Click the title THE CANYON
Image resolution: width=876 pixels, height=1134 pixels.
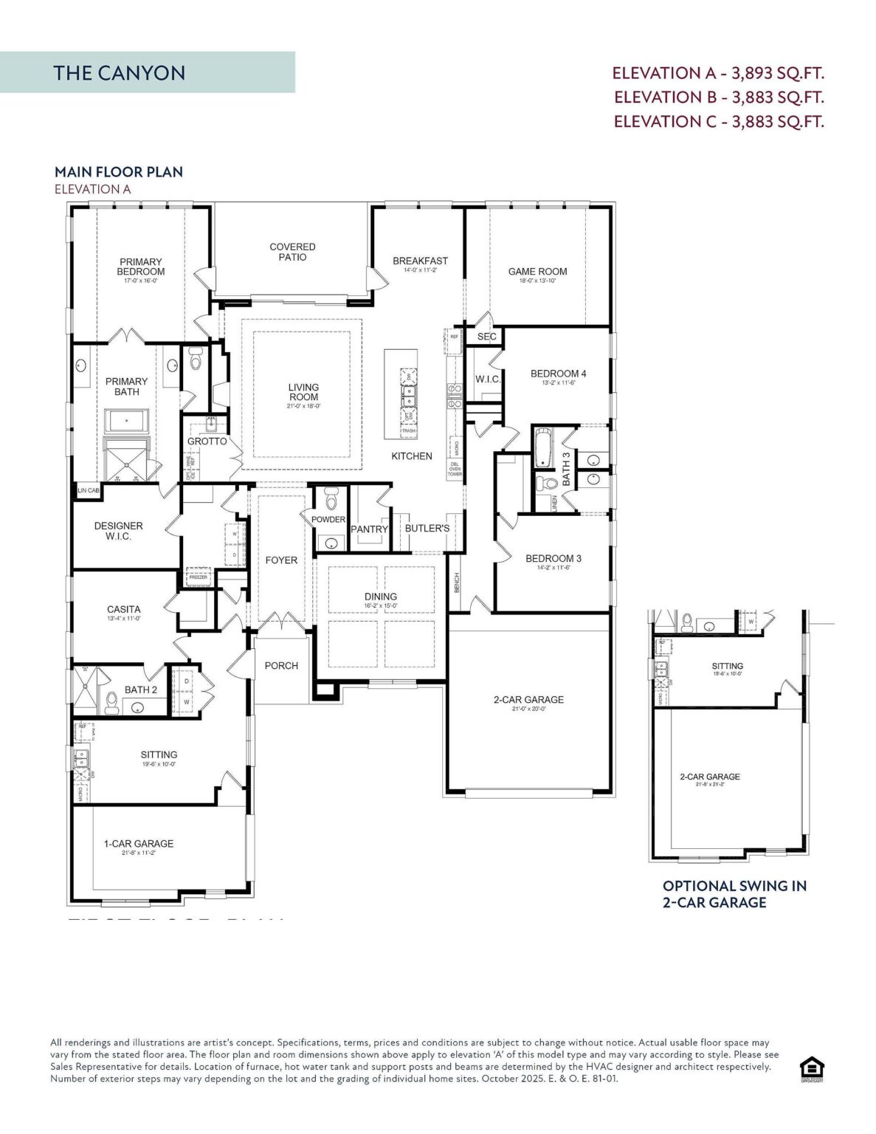[119, 73]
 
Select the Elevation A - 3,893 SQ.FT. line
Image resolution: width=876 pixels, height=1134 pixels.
[717, 73]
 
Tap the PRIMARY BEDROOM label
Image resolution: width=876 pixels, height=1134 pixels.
[140, 267]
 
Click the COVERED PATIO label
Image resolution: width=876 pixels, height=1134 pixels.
[292, 252]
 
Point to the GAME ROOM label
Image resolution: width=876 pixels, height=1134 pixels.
[537, 272]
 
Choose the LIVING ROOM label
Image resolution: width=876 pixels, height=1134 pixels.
[303, 392]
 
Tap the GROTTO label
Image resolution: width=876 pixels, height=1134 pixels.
[207, 441]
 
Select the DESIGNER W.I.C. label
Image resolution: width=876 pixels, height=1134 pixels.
[118, 531]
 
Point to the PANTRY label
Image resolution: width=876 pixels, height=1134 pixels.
[369, 529]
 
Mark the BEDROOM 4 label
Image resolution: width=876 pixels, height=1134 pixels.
[558, 374]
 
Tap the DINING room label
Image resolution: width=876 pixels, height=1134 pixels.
[380, 597]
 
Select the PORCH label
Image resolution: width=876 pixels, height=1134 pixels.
[281, 665]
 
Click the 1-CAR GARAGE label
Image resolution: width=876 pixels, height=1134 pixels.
[139, 843]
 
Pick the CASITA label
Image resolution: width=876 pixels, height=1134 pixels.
[123, 610]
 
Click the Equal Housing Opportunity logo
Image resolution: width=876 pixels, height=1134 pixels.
[812, 1068]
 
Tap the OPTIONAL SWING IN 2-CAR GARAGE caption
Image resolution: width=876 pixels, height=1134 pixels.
[734, 894]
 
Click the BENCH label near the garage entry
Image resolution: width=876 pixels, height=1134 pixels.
[457, 583]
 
